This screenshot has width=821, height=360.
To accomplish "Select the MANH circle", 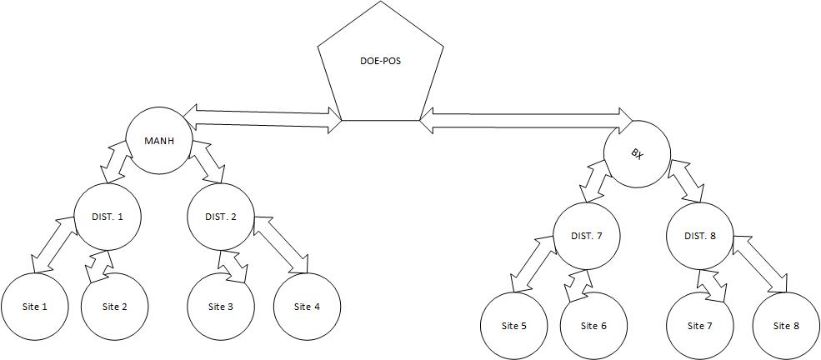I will (x=159, y=140).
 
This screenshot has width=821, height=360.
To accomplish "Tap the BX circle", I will (x=638, y=153).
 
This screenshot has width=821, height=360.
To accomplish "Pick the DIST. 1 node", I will (x=108, y=217).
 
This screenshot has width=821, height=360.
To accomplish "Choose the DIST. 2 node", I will (x=221, y=217).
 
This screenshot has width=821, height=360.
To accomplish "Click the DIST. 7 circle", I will (x=588, y=236).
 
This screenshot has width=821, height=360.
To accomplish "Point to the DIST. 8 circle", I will (x=700, y=236).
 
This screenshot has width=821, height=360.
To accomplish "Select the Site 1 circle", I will (x=34, y=307).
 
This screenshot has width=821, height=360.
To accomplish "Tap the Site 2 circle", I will (x=115, y=307).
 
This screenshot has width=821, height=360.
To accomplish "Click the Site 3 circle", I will (x=221, y=307).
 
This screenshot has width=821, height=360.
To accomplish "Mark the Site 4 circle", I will (x=307, y=307).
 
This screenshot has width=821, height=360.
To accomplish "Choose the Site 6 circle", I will (x=594, y=325).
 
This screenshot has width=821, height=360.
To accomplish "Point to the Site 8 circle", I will (x=786, y=325).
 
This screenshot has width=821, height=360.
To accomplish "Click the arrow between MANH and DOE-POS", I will (x=263, y=117).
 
